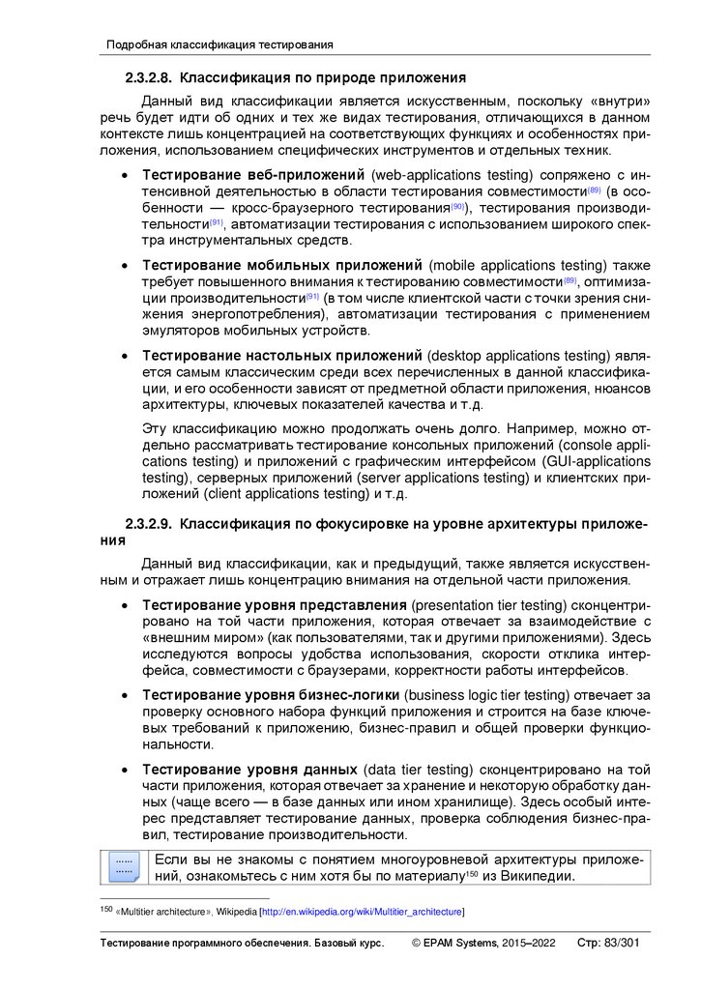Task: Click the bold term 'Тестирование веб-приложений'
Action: pyautogui.click(x=253, y=175)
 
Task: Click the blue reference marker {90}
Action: pyautogui.click(x=458, y=207)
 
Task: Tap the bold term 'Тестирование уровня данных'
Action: pyautogui.click(x=249, y=770)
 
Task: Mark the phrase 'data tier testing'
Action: pyautogui.click(x=418, y=770)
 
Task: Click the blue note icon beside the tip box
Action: pyautogui.click(x=123, y=865)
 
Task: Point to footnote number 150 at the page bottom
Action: pyautogui.click(x=106, y=910)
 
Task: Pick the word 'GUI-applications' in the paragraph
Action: pyautogui.click(x=598, y=461)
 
